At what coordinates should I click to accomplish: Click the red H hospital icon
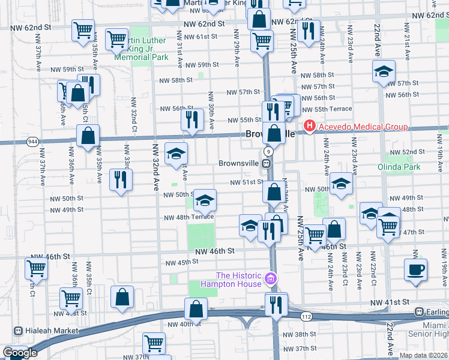coord(310,126)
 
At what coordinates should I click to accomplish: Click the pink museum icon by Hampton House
coord(271,279)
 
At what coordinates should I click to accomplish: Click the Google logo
coord(20,353)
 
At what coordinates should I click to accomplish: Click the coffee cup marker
coord(415,270)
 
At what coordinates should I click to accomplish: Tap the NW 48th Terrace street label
coord(190,217)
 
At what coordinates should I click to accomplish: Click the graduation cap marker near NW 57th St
coord(384,72)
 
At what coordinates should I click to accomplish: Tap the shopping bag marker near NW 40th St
coord(196,309)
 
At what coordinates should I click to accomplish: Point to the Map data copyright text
coord(424,355)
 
